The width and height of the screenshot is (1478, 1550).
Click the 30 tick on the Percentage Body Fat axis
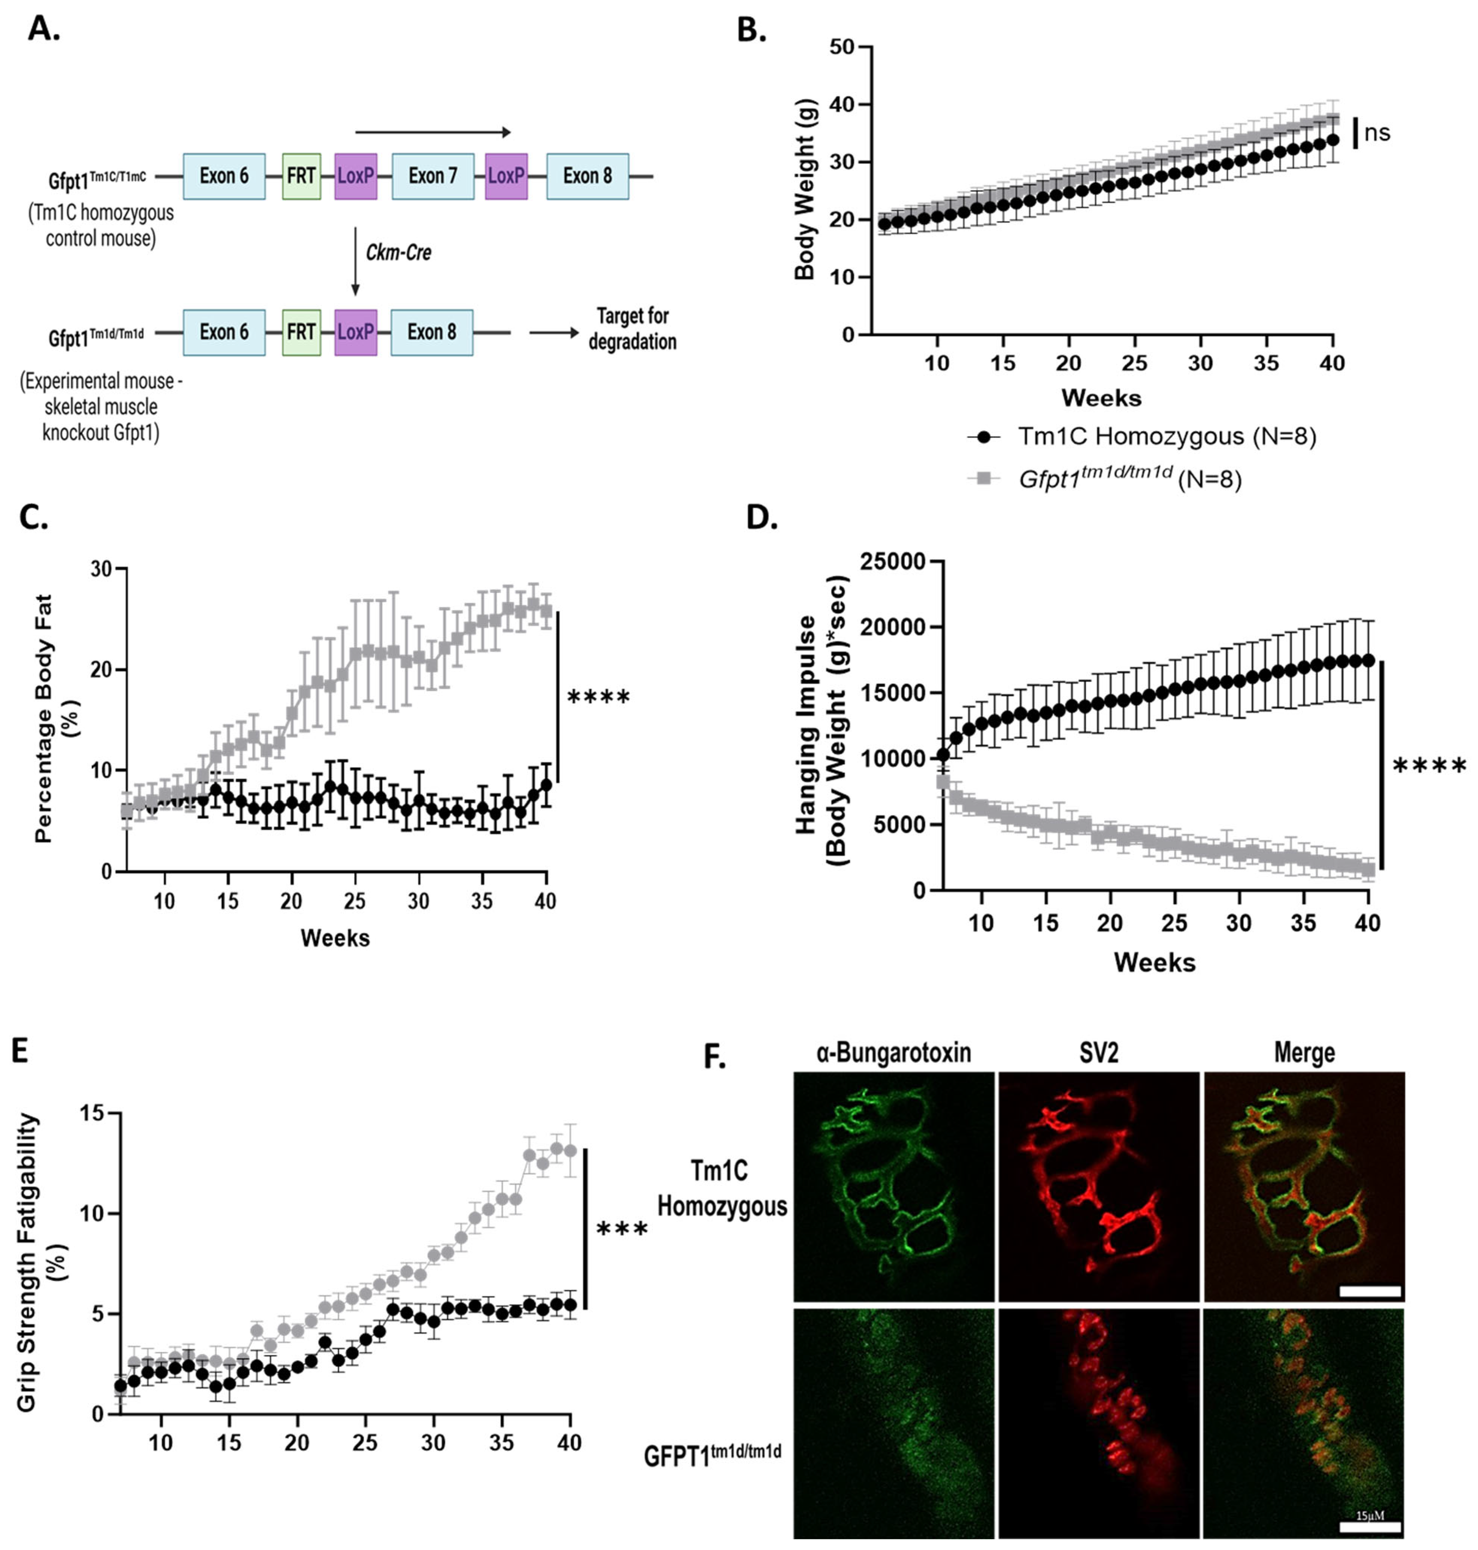[x=101, y=569]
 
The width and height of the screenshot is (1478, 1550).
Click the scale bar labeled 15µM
[x=1370, y=1526]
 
